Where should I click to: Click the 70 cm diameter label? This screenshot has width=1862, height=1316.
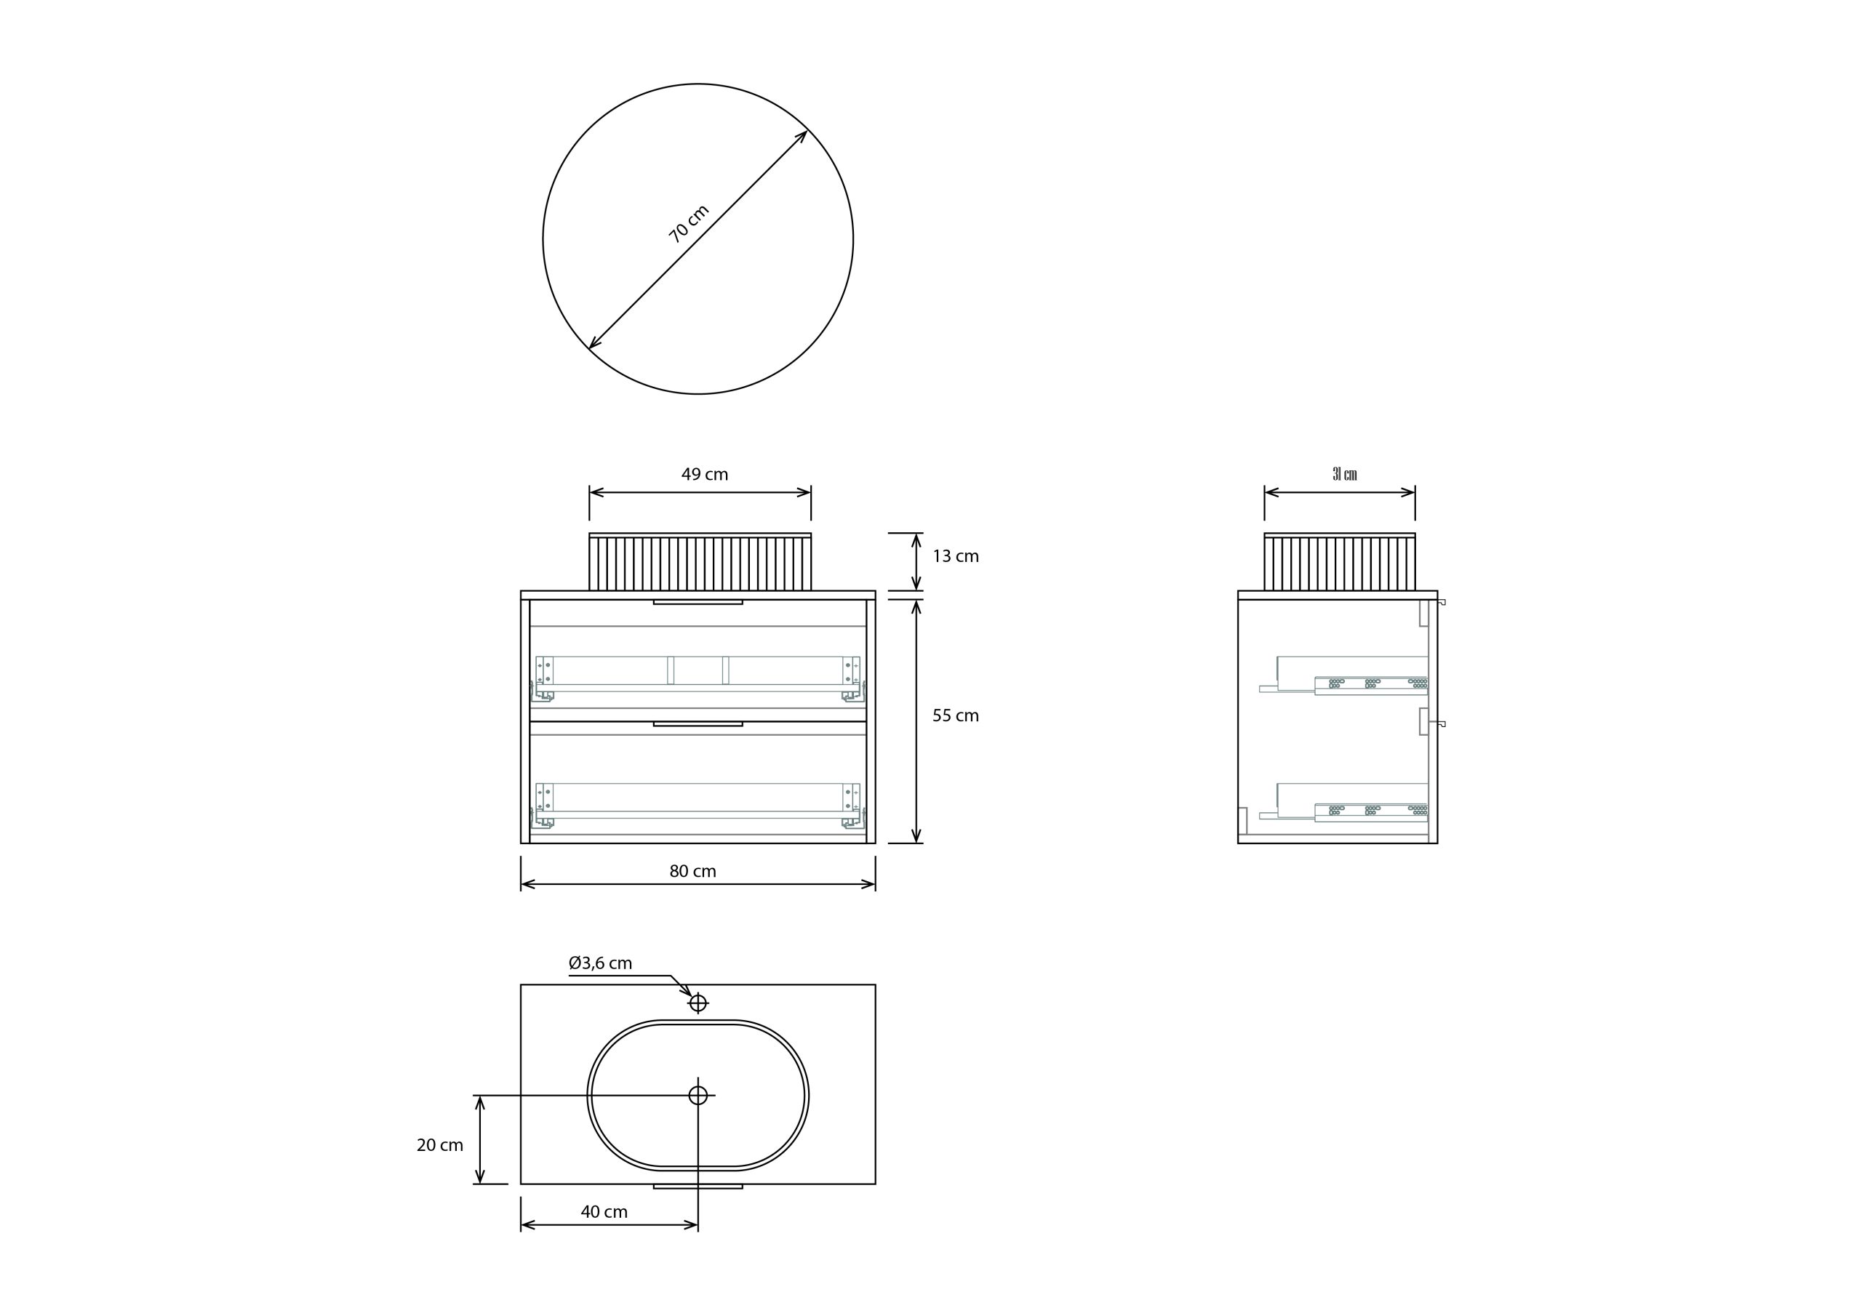(690, 224)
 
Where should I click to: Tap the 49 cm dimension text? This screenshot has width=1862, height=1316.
(705, 474)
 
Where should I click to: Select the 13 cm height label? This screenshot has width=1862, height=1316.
(955, 556)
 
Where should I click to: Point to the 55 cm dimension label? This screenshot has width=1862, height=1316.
(955, 715)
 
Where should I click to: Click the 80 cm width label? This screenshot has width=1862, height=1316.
(692, 871)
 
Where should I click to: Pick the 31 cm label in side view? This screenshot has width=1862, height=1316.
(1345, 474)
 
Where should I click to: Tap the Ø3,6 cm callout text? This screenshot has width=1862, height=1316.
(600, 963)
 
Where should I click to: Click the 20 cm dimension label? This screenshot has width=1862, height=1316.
(439, 1145)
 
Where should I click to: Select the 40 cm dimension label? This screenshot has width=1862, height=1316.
(604, 1211)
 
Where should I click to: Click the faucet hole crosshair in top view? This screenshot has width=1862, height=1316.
(698, 1003)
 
